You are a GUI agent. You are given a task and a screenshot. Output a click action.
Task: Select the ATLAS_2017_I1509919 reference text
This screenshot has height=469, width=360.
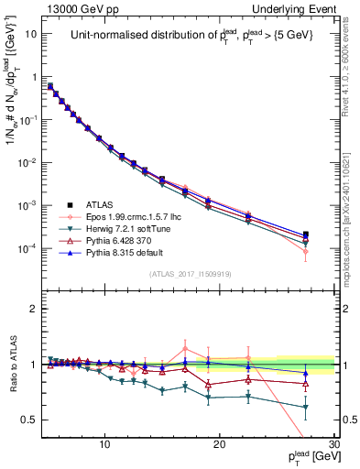190,273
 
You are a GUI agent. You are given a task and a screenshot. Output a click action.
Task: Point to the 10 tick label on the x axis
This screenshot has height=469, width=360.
105,444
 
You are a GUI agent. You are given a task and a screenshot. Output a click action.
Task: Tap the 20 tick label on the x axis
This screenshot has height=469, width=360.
220,444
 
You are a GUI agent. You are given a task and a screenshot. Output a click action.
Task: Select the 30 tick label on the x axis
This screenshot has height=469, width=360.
333,444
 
